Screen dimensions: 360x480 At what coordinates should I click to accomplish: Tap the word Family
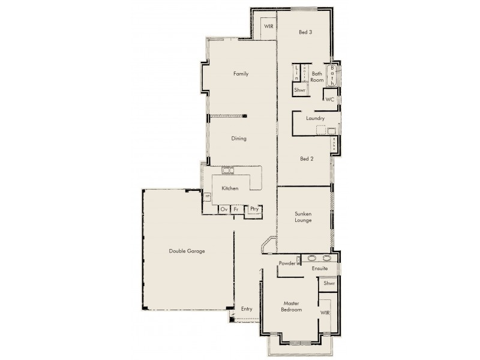pyautogui.click(x=241, y=74)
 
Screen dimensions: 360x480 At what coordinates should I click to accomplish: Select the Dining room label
pyautogui.click(x=239, y=139)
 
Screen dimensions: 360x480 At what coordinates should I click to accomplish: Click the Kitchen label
pyautogui.click(x=230, y=188)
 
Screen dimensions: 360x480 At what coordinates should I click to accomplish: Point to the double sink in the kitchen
pyautogui.click(x=229, y=170)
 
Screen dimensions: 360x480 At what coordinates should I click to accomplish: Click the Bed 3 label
pyautogui.click(x=305, y=33)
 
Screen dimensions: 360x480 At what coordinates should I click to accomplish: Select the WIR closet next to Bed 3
pyautogui.click(x=268, y=27)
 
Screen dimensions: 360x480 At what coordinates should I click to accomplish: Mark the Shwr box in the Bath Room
pyautogui.click(x=300, y=90)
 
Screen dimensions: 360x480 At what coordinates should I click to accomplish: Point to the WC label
pyautogui.click(x=329, y=99)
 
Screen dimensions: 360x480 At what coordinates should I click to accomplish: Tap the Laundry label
pyautogui.click(x=315, y=119)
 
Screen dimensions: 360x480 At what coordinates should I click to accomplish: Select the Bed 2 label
pyautogui.click(x=306, y=159)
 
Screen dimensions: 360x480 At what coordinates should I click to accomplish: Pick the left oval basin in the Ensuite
pyautogui.click(x=312, y=259)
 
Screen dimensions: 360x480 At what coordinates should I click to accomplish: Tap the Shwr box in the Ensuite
pyautogui.click(x=329, y=283)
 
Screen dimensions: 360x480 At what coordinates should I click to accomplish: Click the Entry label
pyautogui.click(x=247, y=309)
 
